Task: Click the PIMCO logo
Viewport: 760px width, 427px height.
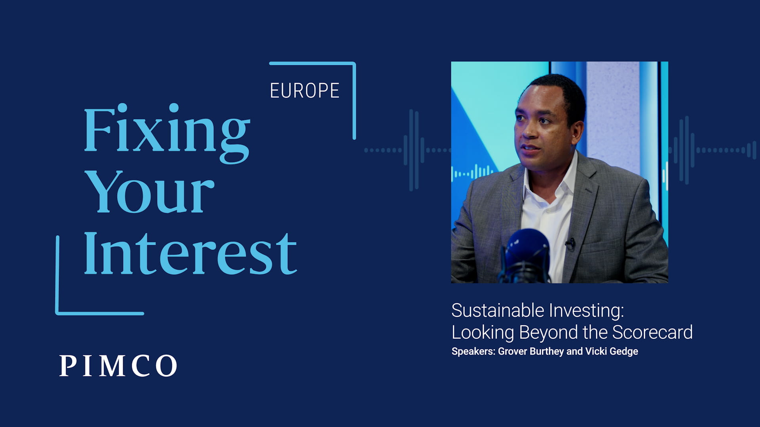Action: [x=118, y=366]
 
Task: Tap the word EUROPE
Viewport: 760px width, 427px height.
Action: [x=304, y=91]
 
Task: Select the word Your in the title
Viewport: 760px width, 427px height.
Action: [x=150, y=192]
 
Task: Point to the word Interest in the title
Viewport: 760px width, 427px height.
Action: [x=190, y=253]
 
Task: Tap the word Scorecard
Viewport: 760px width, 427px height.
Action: [x=652, y=332]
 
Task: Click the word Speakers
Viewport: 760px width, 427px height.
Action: [x=473, y=351]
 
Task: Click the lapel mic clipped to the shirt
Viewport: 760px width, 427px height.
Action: [x=570, y=244]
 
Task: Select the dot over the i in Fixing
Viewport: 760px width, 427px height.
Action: [x=122, y=108]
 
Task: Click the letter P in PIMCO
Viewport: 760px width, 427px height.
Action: [x=67, y=366]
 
